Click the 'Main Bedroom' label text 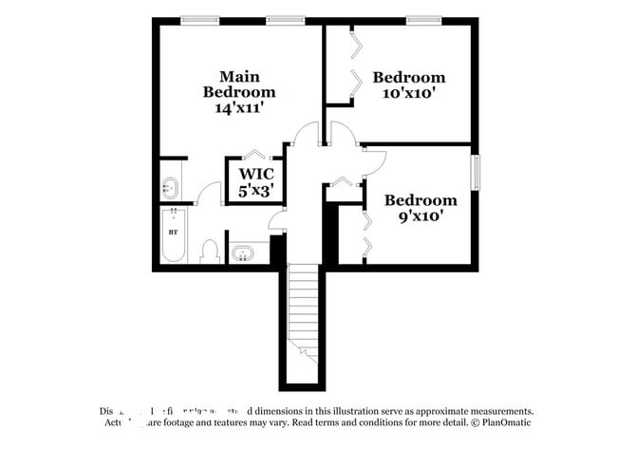pos(239,84)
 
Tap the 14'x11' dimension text pos(239,108)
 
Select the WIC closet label pos(256,174)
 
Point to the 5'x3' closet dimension pos(256,191)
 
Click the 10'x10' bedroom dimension pos(408,93)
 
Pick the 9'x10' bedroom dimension pos(420,215)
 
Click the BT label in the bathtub pos(173,231)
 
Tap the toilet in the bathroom pos(211,252)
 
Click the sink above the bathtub pos(172,185)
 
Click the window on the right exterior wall pos(477,171)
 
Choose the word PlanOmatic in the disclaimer pos(504,422)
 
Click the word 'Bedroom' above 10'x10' pos(408,77)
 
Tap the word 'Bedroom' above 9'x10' pos(420,199)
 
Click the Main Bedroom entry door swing pos(306,135)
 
